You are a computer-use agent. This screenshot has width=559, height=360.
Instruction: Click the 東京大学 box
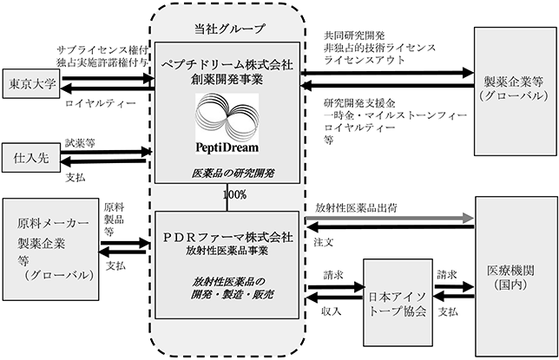[31, 84]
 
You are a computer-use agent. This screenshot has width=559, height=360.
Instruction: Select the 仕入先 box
[31, 158]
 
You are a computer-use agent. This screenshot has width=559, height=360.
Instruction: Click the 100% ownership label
[234, 194]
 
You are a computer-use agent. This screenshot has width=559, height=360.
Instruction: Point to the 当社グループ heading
[229, 29]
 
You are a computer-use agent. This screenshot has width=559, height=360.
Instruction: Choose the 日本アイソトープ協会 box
[398, 303]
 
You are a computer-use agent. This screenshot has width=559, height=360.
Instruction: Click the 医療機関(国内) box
[516, 276]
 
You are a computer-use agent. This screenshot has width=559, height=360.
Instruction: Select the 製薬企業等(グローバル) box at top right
[515, 91]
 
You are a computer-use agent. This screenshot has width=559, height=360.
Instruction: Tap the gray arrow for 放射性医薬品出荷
[390, 218]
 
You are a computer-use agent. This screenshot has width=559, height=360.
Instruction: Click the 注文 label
[324, 242]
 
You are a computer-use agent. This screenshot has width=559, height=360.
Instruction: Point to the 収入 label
[332, 311]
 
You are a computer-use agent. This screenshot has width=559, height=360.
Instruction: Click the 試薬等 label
[80, 143]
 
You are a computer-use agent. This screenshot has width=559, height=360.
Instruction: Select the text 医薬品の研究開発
[233, 173]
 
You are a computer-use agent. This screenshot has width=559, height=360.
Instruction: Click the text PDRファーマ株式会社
[227, 238]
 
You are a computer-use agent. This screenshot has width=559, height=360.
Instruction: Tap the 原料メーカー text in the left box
[53, 223]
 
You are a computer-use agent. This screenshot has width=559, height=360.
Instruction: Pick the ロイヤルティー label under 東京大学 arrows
[101, 103]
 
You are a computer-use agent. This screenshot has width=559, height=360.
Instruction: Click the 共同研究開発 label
[354, 36]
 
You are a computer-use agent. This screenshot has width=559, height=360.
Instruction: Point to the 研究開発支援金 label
[359, 103]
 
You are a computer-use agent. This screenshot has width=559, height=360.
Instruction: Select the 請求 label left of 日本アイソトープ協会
[333, 275]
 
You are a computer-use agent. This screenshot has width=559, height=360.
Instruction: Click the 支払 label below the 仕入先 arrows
[76, 177]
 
